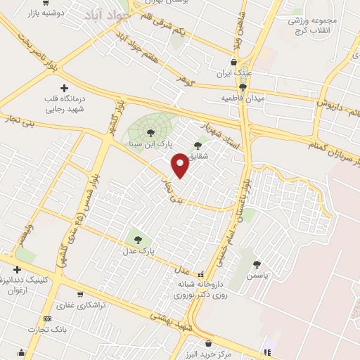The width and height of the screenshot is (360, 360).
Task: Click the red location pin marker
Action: [x=180, y=165]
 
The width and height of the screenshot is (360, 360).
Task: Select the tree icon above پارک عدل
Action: [x=137, y=240]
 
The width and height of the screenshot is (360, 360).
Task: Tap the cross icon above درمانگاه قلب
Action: [x=65, y=88]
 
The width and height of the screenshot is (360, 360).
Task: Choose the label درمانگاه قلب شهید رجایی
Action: [x=65, y=104]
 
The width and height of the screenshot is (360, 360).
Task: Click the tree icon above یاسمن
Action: [x=256, y=264]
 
